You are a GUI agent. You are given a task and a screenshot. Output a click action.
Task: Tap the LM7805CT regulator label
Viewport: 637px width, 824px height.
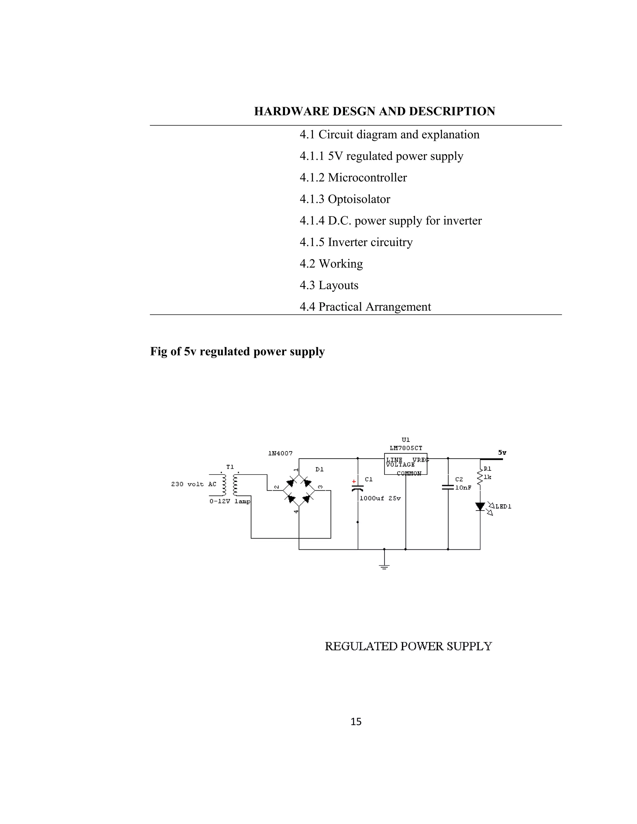pos(406,448)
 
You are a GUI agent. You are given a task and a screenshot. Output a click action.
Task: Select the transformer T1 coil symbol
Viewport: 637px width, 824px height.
pos(230,484)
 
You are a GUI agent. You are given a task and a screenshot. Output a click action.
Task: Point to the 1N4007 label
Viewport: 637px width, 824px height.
pos(280,453)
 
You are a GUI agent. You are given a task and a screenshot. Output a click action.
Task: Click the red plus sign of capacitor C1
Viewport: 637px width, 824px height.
pos(354,481)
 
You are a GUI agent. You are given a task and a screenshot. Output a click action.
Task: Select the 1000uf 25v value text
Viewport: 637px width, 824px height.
pos(380,498)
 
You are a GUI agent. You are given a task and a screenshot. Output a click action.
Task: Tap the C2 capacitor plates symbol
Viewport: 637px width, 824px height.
pos(448,487)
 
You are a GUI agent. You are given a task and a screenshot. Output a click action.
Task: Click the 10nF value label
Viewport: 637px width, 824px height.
pos(463,488)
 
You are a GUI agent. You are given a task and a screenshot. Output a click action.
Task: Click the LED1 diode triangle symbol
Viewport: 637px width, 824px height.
pos(480,506)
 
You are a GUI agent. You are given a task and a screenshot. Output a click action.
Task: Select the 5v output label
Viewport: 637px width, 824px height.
pos(502,452)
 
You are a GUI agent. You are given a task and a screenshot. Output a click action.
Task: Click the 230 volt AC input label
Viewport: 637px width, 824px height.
pos(193,484)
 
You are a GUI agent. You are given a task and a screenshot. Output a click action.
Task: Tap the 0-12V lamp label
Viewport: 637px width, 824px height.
pos(230,502)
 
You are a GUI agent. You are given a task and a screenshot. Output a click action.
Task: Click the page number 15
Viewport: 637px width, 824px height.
pos(356,722)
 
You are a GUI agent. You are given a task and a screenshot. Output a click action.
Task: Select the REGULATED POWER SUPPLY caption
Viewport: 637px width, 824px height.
pos(408,646)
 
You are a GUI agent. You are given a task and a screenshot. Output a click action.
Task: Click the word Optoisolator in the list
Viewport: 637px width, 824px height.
pos(359,199)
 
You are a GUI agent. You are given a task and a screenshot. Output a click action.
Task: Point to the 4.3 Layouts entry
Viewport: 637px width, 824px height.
pos(329,285)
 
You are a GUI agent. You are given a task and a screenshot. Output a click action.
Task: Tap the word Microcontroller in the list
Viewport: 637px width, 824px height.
pos(367,178)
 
